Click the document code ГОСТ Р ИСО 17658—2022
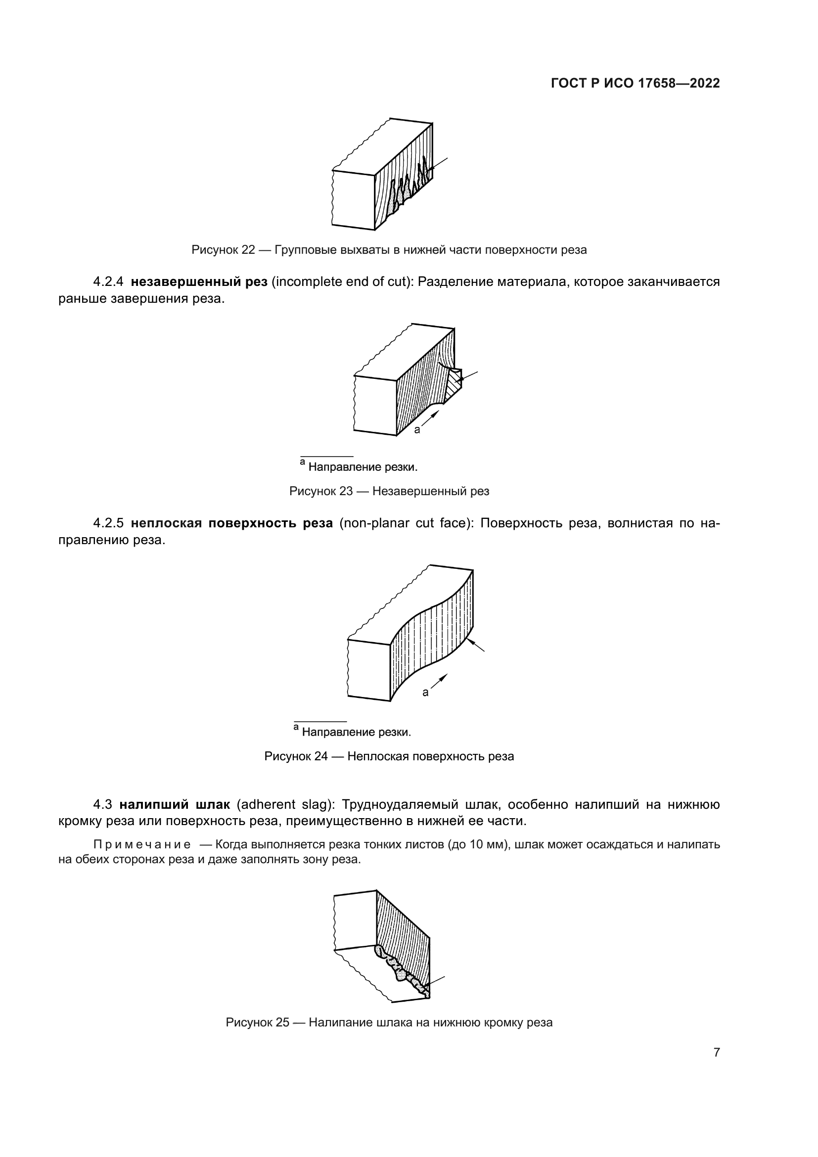pyautogui.click(x=635, y=84)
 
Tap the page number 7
pyautogui.click(x=716, y=1052)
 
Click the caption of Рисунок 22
pyautogui.click(x=389, y=250)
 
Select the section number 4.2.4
pyautogui.click(x=108, y=281)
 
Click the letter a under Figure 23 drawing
pyautogui.click(x=417, y=430)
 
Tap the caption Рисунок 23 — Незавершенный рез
pyautogui.click(x=389, y=491)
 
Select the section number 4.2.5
pyautogui.click(x=108, y=523)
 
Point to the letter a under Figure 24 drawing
pyautogui.click(x=425, y=693)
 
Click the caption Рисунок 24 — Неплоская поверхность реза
pyautogui.click(x=389, y=756)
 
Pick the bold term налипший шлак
pyautogui.click(x=174, y=805)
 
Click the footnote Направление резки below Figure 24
pyautogui.click(x=356, y=732)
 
